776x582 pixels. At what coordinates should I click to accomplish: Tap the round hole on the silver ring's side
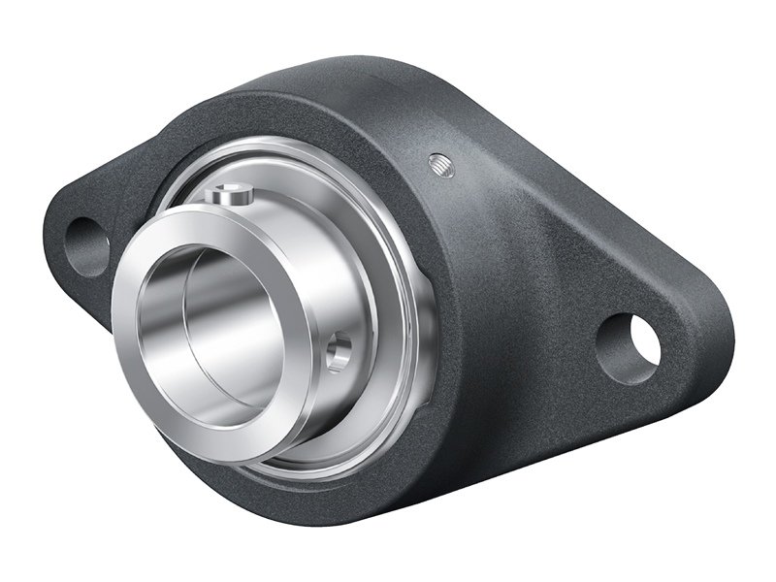click(x=339, y=352)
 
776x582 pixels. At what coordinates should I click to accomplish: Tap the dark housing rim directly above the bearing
click(x=291, y=116)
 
